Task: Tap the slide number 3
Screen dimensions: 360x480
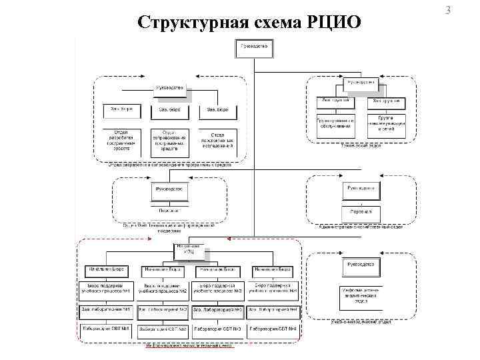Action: coord(466,11)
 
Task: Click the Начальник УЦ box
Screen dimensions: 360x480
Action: coord(189,251)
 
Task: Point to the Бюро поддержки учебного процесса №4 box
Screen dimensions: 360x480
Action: coord(273,288)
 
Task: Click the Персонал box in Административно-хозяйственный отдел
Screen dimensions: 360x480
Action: coord(361,213)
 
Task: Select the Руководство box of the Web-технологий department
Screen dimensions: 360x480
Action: coord(169,191)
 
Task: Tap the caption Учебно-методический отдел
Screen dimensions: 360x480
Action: coord(361,323)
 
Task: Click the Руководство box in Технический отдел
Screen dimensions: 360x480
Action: coord(361,83)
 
